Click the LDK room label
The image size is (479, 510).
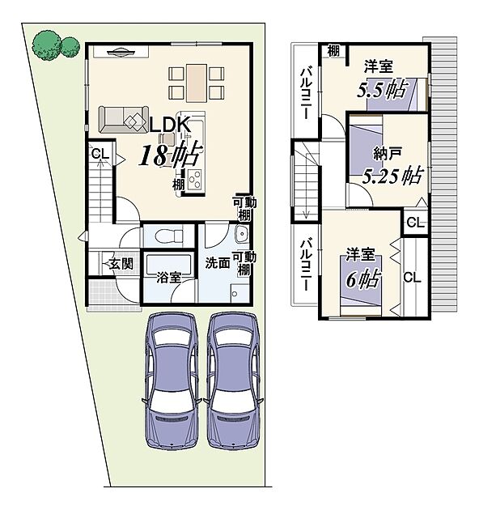(x=169, y=125)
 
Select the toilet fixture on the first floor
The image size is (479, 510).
(x=169, y=235)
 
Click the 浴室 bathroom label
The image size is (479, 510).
(x=168, y=278)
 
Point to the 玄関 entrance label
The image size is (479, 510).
(x=121, y=263)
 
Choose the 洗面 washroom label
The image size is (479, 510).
(x=217, y=263)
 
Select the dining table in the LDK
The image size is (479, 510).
(x=197, y=83)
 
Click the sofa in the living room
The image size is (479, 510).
(x=124, y=119)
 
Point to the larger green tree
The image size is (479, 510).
(x=46, y=45)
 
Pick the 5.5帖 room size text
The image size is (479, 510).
(x=382, y=89)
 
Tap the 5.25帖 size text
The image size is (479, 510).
(x=392, y=176)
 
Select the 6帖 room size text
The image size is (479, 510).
(x=362, y=279)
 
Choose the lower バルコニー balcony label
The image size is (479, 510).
(x=306, y=265)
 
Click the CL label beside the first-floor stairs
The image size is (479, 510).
(x=100, y=154)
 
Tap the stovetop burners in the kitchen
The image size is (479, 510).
(x=194, y=180)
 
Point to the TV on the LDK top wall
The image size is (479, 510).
(x=121, y=52)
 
